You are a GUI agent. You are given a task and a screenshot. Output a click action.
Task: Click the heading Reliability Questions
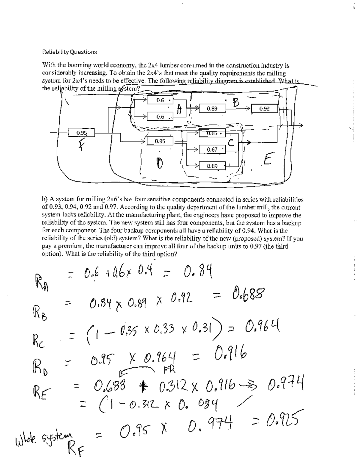click(70, 52)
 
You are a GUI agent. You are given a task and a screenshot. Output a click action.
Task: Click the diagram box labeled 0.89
click(212, 109)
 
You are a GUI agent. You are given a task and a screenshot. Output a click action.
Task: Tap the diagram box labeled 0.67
click(212, 149)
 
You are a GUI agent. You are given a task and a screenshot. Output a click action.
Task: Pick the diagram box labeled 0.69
click(212, 166)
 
